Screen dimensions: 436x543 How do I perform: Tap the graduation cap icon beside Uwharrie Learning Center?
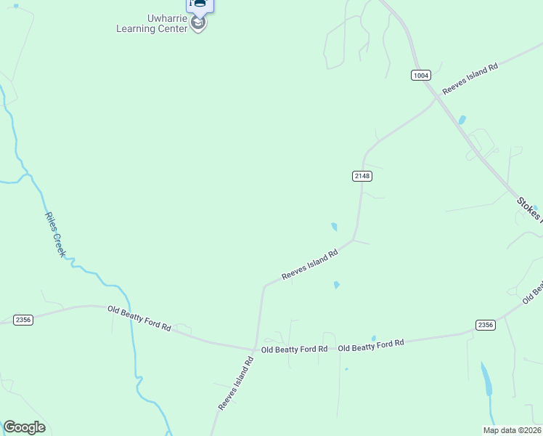pyautogui.click(x=198, y=23)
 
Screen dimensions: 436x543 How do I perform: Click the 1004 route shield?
pyautogui.click(x=420, y=75)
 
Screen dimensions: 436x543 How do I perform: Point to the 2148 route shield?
pyautogui.click(x=362, y=176)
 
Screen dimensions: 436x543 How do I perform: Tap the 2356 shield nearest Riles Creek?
pyautogui.click(x=23, y=320)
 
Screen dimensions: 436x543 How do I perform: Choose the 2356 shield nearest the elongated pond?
pyautogui.click(x=486, y=325)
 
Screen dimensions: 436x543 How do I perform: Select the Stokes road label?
pyautogui.click(x=529, y=208)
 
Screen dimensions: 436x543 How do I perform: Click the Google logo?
pyautogui.click(x=24, y=427)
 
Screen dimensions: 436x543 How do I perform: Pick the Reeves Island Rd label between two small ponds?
pyautogui.click(x=310, y=265)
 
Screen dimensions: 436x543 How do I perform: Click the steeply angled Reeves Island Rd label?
pyautogui.click(x=236, y=382)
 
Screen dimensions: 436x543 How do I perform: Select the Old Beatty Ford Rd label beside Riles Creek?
pyautogui.click(x=139, y=319)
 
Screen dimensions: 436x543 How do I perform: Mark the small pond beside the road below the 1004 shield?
pyautogui.click(x=462, y=120)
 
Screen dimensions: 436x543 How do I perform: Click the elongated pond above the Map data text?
pyautogui.click(x=486, y=379)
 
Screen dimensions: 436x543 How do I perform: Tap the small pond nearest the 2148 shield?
pyautogui.click(x=334, y=227)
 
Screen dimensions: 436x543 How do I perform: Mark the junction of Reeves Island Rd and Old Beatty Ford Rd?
pyautogui.click(x=255, y=347)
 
